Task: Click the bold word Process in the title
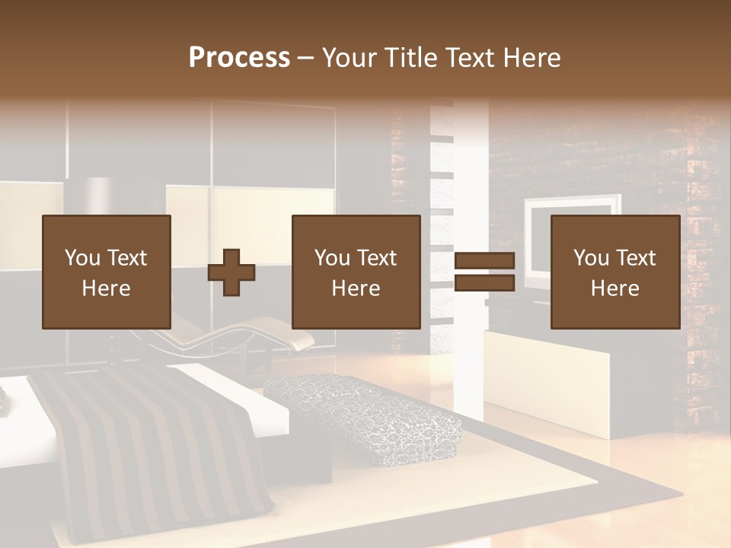[239, 58]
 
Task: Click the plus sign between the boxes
[231, 272]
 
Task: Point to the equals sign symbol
[484, 272]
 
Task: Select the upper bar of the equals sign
[484, 261]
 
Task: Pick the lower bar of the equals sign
[484, 283]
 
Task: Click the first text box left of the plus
[107, 272]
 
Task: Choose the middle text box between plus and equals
[356, 272]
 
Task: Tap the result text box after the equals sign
[615, 272]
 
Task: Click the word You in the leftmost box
[81, 258]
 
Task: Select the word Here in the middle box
[356, 288]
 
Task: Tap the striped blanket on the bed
[152, 441]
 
